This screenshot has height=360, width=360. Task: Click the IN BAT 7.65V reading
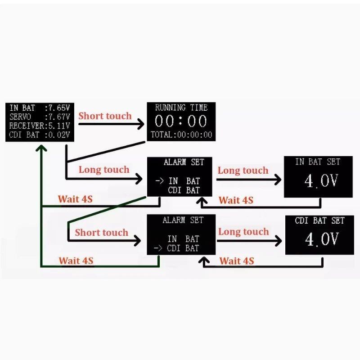[40, 108]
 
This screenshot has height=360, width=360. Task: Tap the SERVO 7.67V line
[40, 117]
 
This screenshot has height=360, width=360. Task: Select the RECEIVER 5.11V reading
[40, 126]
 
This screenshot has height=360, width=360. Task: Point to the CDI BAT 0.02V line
[40, 135]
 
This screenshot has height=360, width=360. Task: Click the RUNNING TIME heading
[181, 108]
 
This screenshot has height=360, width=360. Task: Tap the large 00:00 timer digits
[181, 121]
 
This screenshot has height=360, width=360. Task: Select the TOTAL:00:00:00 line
[181, 135]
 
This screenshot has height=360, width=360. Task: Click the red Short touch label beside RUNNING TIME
[105, 116]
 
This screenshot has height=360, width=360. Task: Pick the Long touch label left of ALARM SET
[104, 170]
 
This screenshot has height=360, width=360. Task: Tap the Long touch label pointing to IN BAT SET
[243, 171]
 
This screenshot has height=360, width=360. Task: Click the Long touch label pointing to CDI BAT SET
[243, 232]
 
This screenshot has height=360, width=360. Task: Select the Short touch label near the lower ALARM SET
[102, 233]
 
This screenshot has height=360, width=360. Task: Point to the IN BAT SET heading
[318, 162]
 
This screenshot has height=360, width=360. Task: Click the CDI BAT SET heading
[319, 220]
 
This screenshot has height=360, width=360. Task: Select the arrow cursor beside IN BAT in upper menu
[159, 181]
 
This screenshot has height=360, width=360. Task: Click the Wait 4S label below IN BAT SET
[236, 200]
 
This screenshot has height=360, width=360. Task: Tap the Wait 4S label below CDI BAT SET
[237, 261]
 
